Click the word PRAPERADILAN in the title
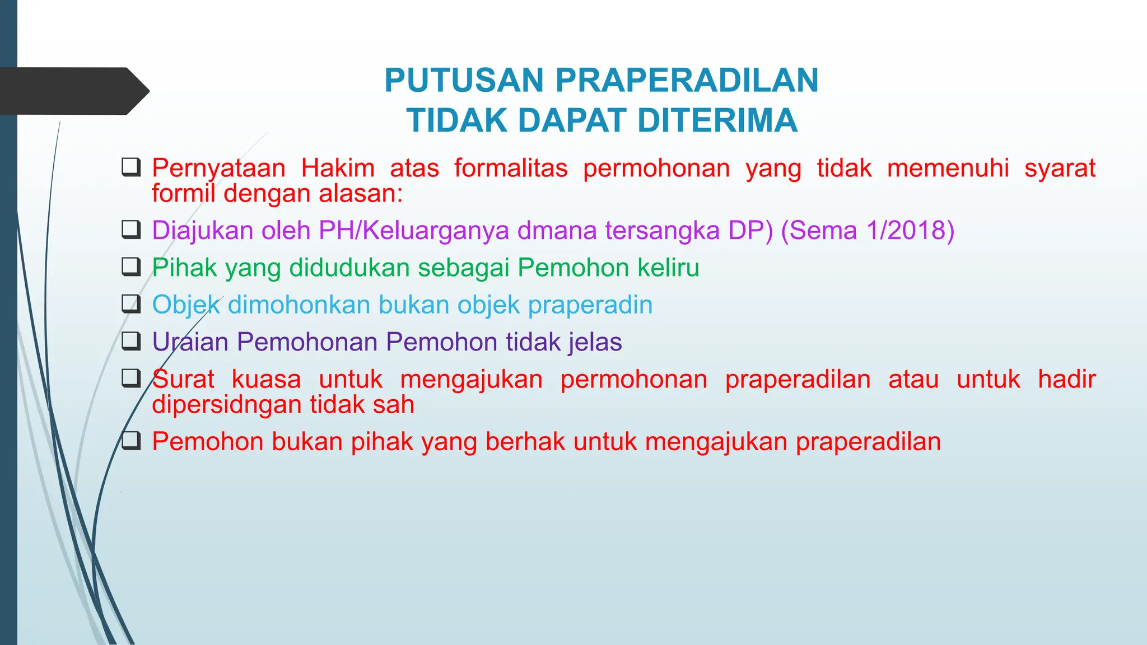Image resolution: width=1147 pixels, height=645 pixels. [687, 80]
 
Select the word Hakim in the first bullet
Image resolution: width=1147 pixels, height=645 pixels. [338, 168]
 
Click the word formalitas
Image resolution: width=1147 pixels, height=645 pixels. [511, 168]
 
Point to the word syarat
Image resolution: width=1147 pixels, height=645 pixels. [1060, 168]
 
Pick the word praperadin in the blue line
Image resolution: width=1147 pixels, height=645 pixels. [590, 305]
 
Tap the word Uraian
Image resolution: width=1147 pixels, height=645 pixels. [190, 342]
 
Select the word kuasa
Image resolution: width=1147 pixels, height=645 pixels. [266, 380]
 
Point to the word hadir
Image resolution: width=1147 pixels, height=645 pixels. [1066, 380]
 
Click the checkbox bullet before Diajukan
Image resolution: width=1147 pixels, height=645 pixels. [131, 230]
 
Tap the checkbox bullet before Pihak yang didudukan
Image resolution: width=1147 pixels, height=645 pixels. [131, 267]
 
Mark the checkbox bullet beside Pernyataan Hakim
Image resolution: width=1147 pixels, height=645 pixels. [131, 167]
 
